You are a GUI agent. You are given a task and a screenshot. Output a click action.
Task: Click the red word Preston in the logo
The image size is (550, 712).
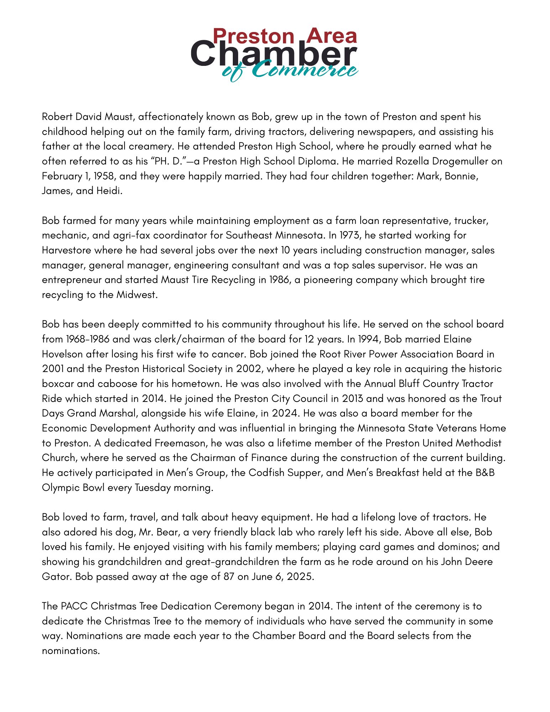[x=253, y=36]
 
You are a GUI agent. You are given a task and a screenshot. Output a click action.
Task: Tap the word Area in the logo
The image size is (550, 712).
[x=331, y=36]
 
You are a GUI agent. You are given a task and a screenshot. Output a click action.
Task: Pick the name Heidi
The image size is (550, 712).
[x=109, y=191]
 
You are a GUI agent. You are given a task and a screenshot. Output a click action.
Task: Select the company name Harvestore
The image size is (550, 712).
[x=67, y=250]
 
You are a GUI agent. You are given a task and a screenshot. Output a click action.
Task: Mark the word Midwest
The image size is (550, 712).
[x=137, y=295]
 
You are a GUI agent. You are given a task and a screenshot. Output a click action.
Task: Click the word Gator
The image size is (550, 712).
[x=57, y=577]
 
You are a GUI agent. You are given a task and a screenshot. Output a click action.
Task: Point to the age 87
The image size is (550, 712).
[x=229, y=577]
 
